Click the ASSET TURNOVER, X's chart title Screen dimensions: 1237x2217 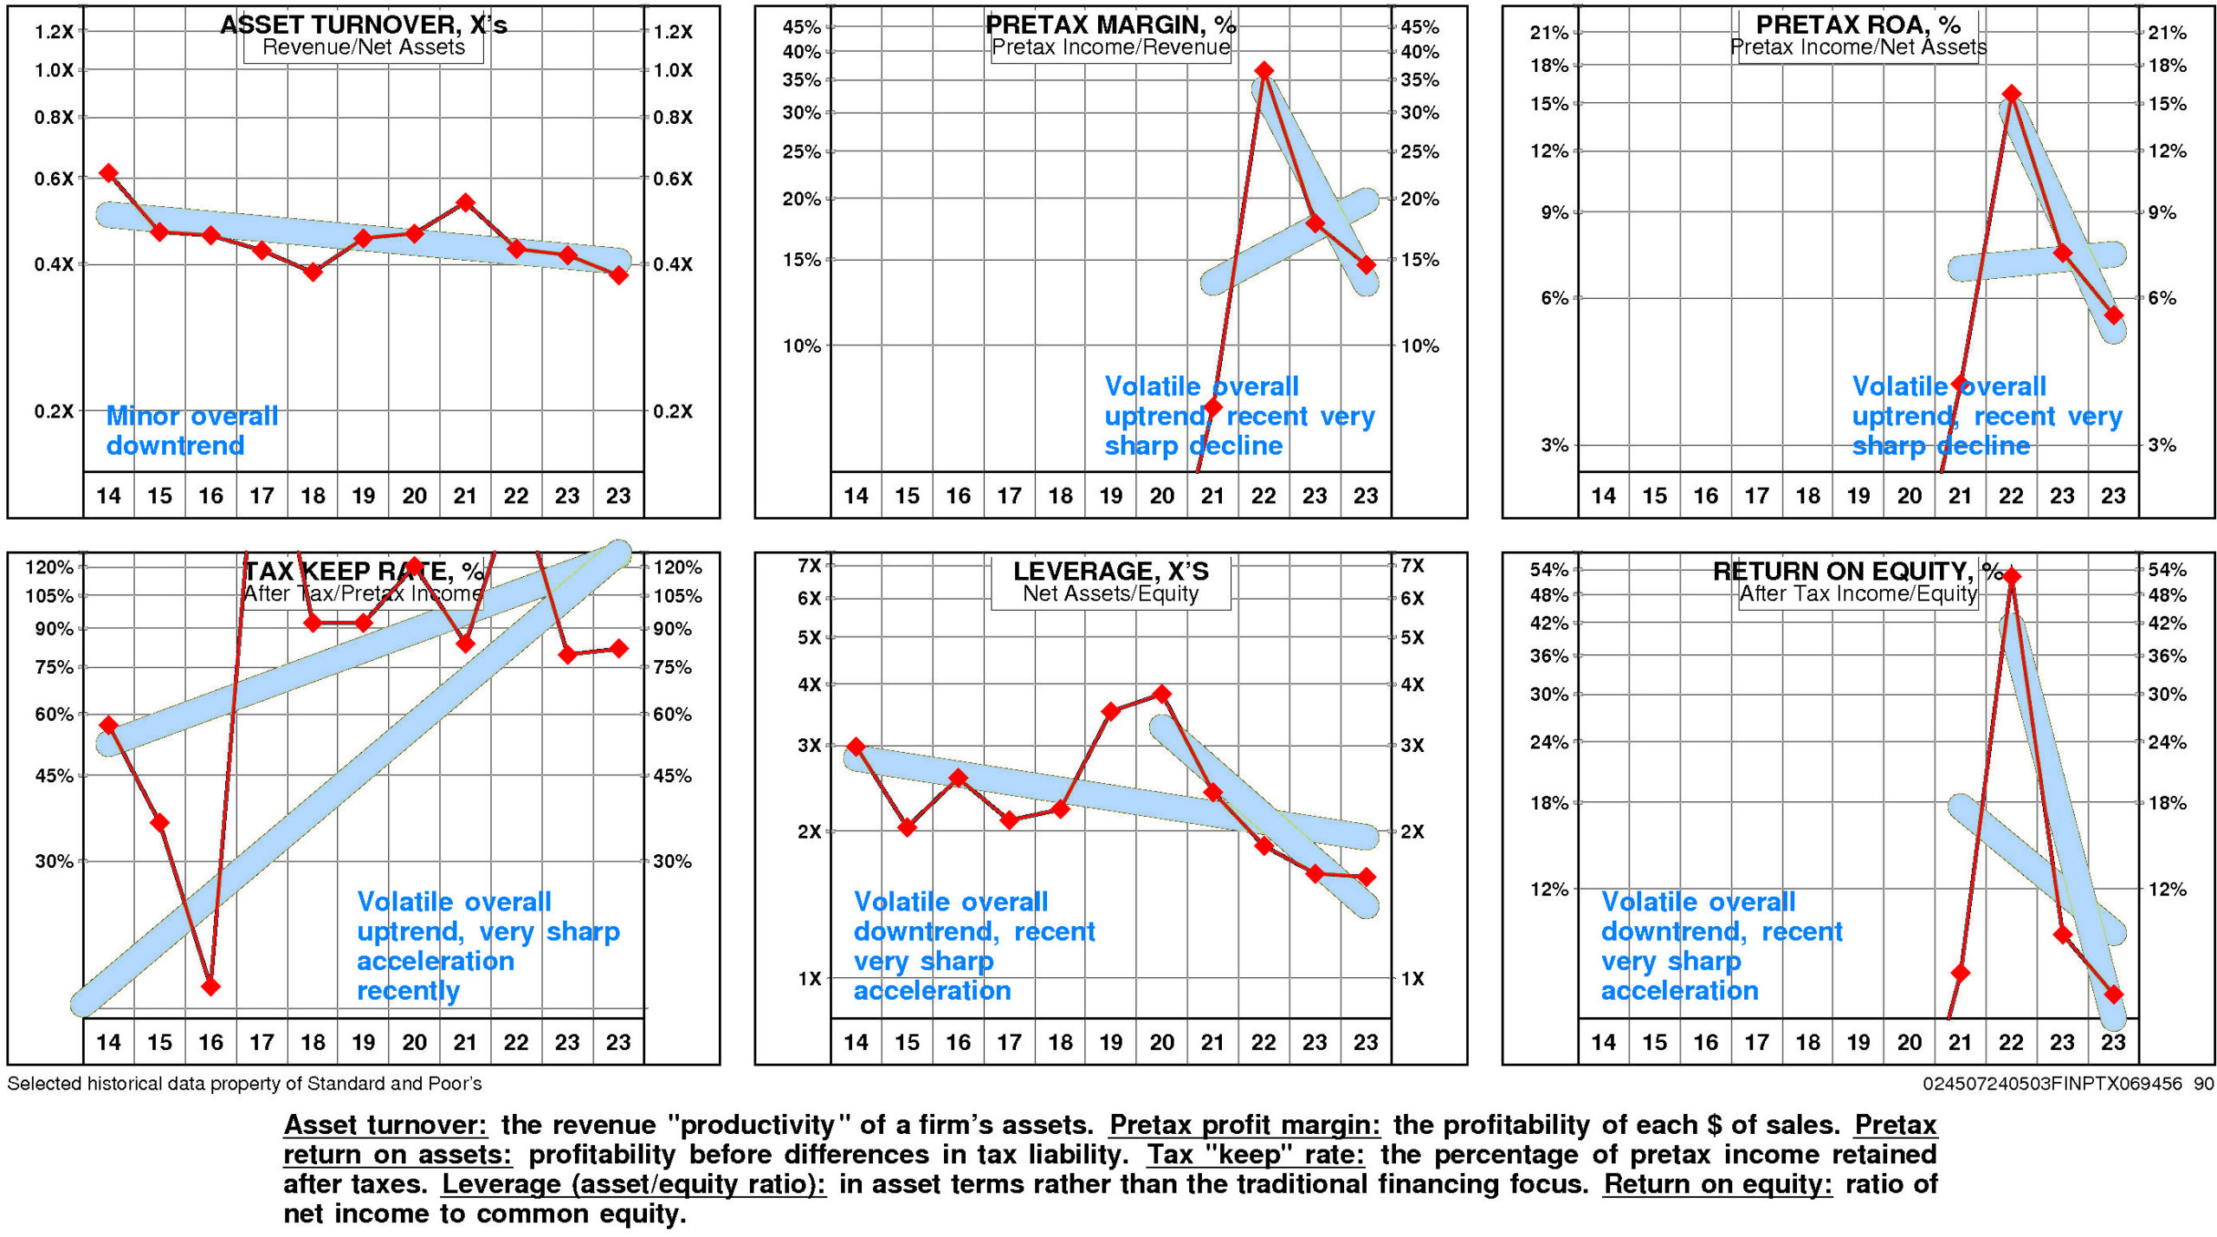(x=364, y=24)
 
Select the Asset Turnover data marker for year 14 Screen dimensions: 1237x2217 (x=108, y=173)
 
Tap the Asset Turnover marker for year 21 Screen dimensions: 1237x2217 (x=465, y=203)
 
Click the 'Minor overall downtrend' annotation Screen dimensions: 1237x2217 (x=191, y=431)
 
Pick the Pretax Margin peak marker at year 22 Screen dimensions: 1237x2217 (x=1264, y=70)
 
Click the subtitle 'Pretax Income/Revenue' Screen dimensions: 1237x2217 (x=1110, y=48)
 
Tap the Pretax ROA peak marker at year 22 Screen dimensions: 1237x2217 (x=2011, y=94)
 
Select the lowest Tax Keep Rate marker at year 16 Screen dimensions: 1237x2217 (x=210, y=986)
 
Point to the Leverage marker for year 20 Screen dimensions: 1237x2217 (x=1162, y=694)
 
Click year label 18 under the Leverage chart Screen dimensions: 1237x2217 (x=1060, y=1042)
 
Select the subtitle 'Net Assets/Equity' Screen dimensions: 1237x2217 (x=1110, y=593)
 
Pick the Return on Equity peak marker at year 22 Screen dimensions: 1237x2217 (x=2011, y=576)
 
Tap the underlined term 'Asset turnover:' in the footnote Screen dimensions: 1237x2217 (x=385, y=1124)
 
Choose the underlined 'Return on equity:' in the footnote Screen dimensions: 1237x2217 (x=1717, y=1183)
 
